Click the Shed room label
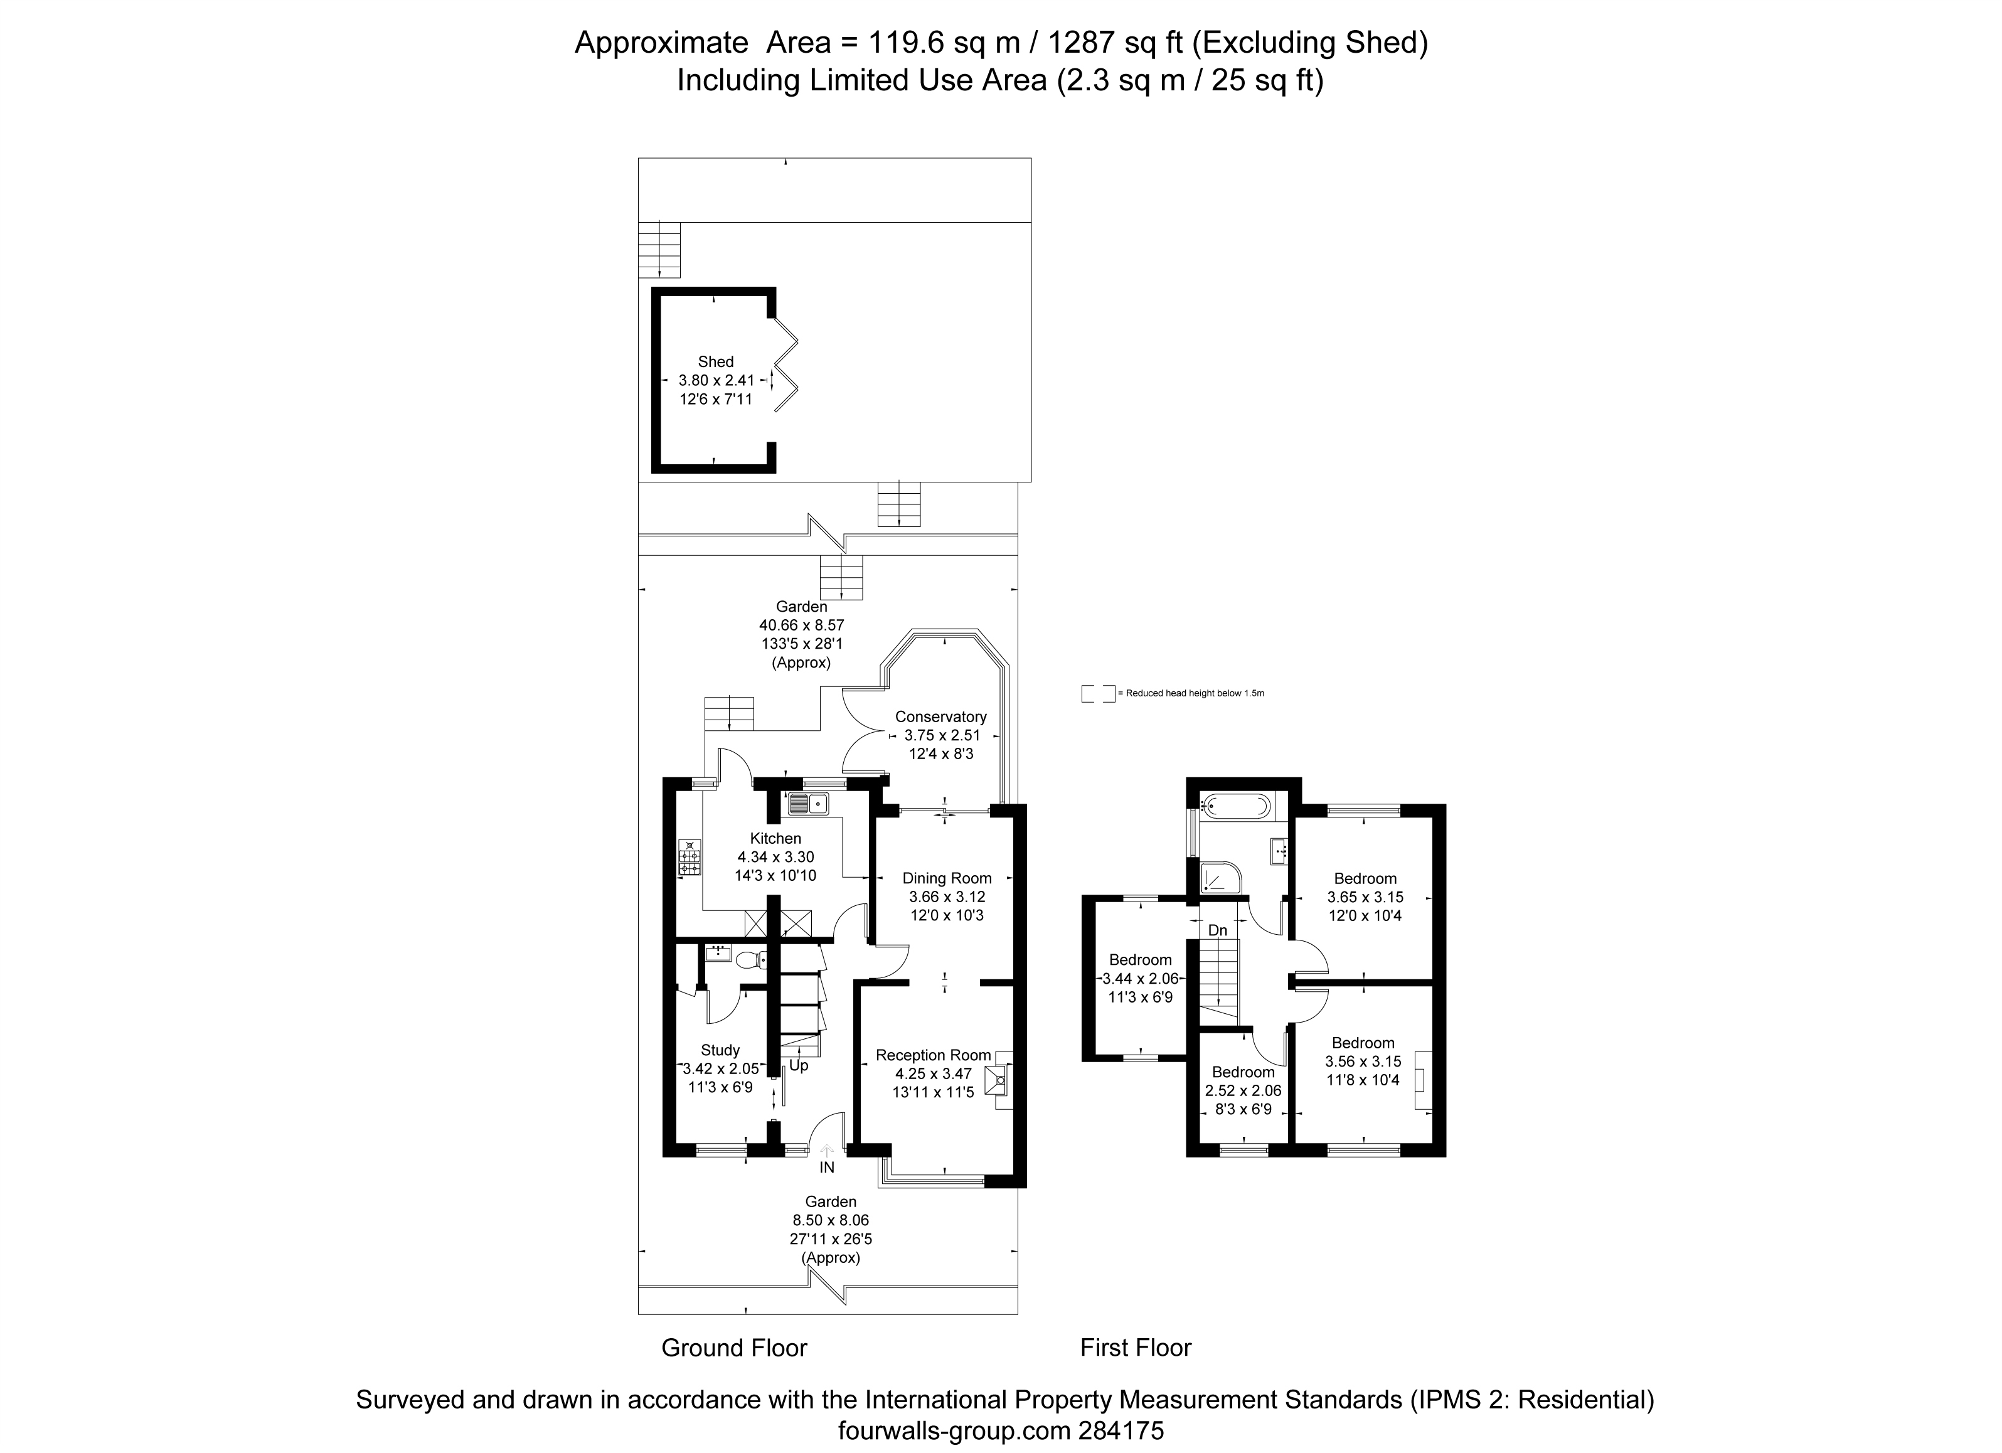tap(715, 362)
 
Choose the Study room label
tap(720, 1050)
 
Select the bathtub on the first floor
tap(1236, 805)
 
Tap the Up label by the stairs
tap(798, 1065)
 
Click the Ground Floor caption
tap(735, 1348)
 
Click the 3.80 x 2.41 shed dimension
tap(716, 380)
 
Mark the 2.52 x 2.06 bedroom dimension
tap(1243, 1090)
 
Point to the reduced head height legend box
tap(1098, 693)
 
